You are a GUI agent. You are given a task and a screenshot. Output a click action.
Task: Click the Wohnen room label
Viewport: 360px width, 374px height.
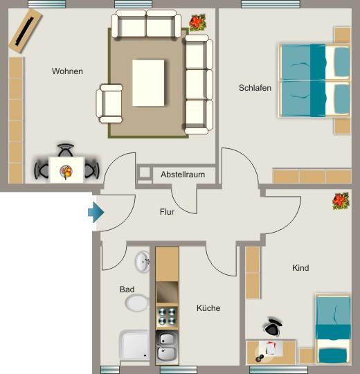pyautogui.click(x=67, y=71)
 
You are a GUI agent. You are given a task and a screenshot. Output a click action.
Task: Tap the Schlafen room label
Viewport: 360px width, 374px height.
pyautogui.click(x=255, y=88)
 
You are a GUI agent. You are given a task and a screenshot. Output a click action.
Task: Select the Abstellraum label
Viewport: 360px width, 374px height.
pyautogui.click(x=183, y=175)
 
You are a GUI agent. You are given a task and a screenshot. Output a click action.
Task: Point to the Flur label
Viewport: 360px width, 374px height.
pyautogui.click(x=167, y=212)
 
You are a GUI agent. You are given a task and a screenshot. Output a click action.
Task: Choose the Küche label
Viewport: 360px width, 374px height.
pyautogui.click(x=208, y=308)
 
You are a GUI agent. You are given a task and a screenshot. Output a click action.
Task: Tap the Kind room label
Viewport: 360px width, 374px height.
pyautogui.click(x=300, y=268)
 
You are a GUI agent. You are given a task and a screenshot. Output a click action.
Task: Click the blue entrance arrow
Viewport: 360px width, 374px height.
pyautogui.click(x=96, y=212)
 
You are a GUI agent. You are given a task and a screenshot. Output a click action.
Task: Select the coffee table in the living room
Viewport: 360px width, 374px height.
pyautogui.click(x=149, y=82)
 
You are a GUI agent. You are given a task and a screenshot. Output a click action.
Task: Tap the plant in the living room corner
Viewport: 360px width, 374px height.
pyautogui.click(x=199, y=23)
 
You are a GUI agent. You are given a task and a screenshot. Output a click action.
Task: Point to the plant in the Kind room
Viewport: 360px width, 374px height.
pyautogui.click(x=341, y=201)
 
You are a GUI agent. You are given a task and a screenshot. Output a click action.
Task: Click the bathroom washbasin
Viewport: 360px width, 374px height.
pyautogui.click(x=143, y=261)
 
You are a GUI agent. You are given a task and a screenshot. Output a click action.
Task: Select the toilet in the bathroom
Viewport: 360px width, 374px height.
pyautogui.click(x=137, y=303)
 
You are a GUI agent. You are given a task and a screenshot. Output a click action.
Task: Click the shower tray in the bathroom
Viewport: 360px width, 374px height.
pyautogui.click(x=135, y=345)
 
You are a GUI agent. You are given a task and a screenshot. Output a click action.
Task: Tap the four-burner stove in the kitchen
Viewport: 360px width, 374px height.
pyautogui.click(x=167, y=317)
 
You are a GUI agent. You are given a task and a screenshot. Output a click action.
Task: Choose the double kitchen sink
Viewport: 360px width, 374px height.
pyautogui.click(x=167, y=346)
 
